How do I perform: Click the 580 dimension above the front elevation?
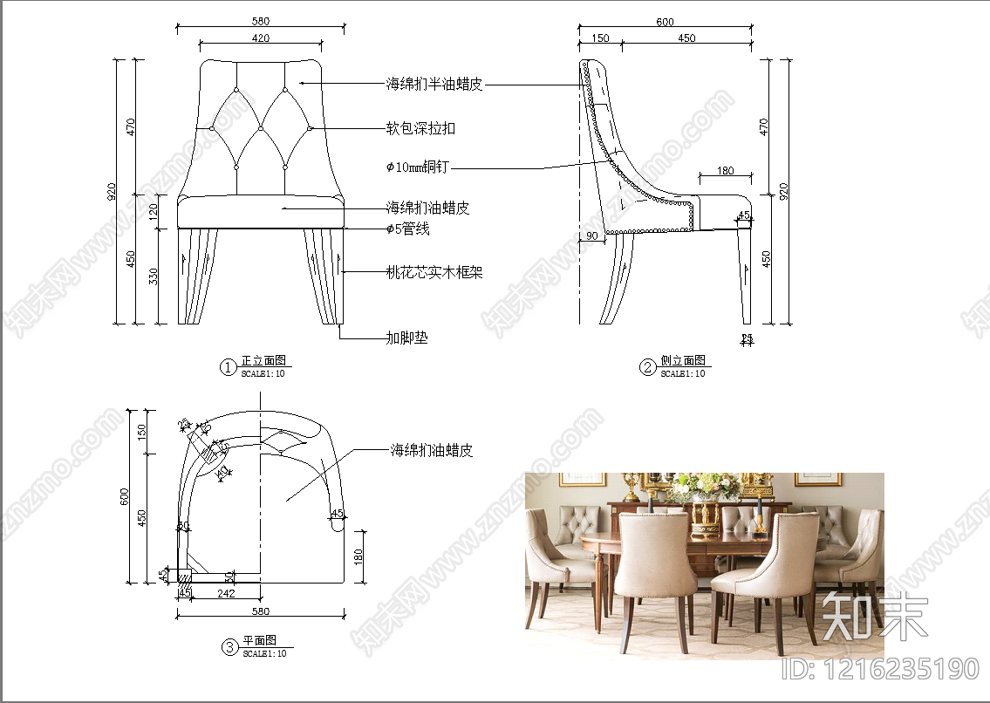click(261, 21)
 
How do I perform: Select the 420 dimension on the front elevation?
click(261, 38)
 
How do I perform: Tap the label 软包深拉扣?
click(420, 129)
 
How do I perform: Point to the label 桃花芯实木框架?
click(434, 272)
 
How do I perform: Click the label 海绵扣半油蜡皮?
click(434, 85)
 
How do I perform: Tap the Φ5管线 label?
click(408, 229)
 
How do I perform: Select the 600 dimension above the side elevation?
click(665, 23)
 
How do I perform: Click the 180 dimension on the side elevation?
click(725, 171)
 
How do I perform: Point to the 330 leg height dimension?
click(154, 277)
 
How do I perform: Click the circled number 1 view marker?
click(228, 367)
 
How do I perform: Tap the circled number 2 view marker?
click(647, 367)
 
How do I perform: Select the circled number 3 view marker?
click(229, 647)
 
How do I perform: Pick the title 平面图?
click(259, 641)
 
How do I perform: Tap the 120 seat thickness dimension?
click(154, 211)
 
